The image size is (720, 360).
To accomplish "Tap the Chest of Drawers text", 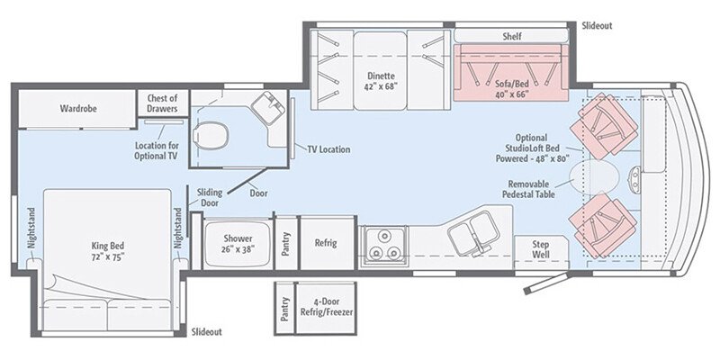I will pos(162,103).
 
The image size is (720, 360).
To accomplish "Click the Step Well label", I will pos(540,249).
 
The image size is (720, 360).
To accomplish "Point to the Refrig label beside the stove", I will pos(325,243).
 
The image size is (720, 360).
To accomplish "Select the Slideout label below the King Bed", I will pos(207,332).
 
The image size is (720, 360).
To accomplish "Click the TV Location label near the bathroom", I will pos(328,149).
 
